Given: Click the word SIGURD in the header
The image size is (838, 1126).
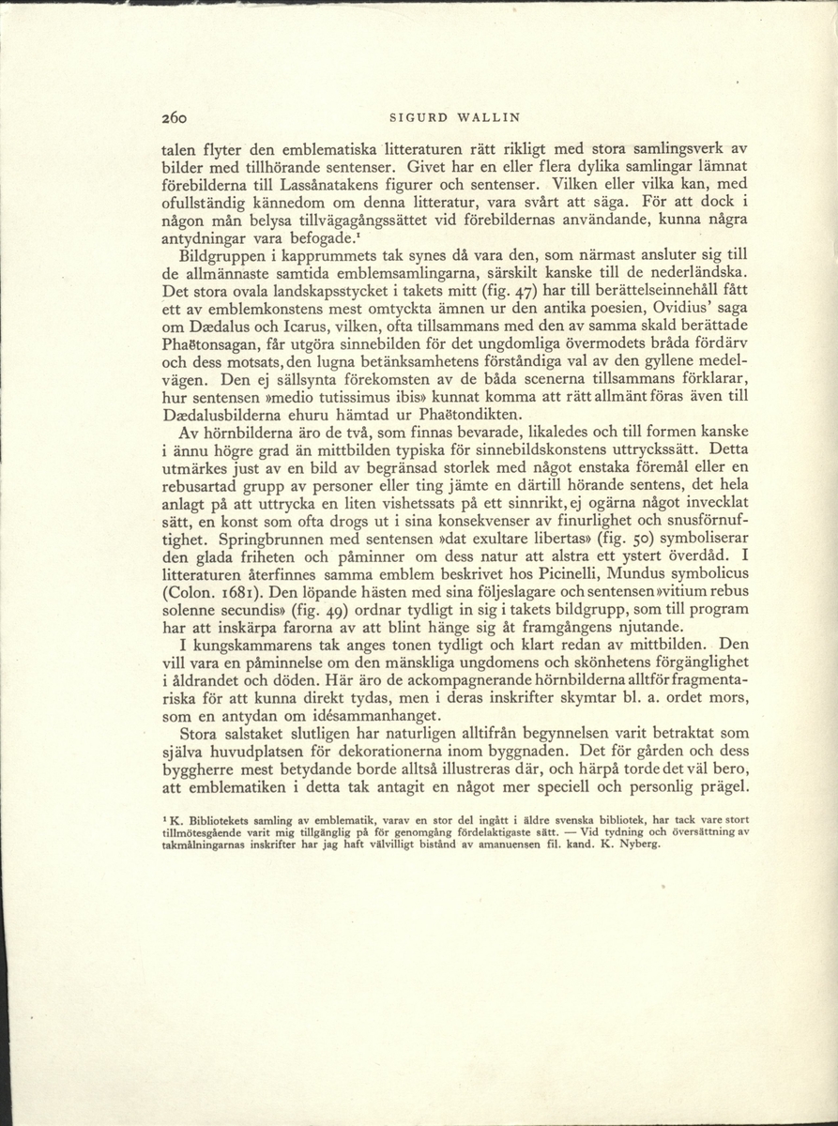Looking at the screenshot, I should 406,118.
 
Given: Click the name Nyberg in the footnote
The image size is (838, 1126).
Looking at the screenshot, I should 639,843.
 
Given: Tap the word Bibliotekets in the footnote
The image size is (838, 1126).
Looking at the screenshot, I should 220,820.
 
